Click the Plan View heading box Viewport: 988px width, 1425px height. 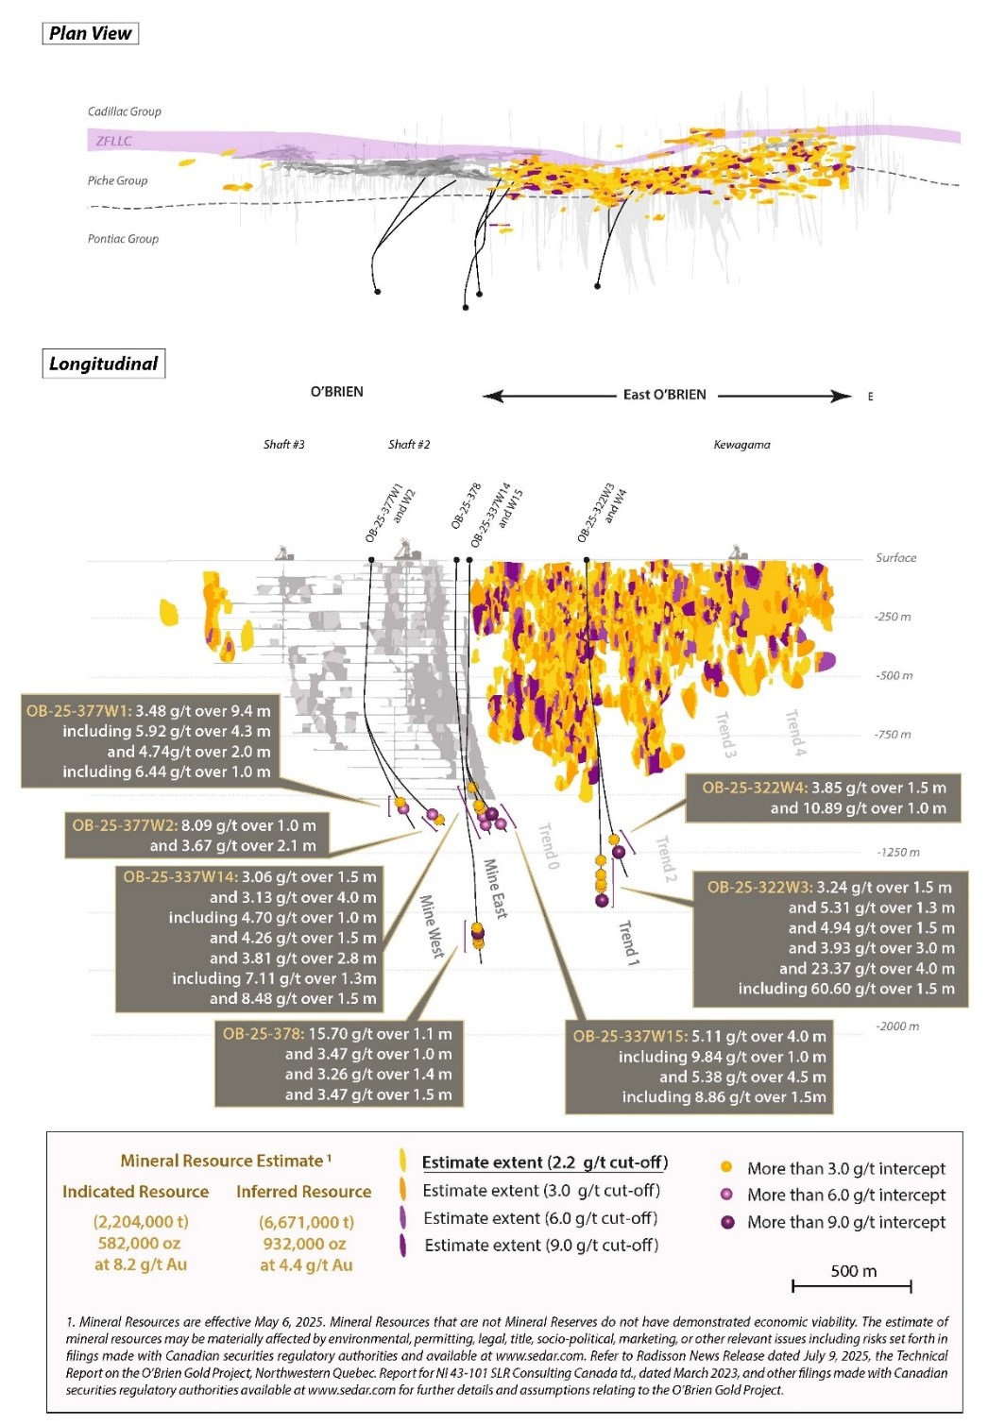coord(91,33)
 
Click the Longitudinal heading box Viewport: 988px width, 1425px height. coord(103,364)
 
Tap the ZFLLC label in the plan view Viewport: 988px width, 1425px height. coord(113,141)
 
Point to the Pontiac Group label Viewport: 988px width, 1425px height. coord(123,239)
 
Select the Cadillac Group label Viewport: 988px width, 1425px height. coord(124,111)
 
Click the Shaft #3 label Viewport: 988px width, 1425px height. coord(283,444)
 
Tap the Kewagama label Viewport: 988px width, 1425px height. coord(741,444)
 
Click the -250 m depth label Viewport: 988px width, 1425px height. coord(893,617)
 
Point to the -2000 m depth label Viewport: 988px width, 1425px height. coord(896,1026)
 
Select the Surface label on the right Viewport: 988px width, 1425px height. coord(895,557)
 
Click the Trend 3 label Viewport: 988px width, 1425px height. coord(725,734)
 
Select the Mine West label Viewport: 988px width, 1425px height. coord(432,926)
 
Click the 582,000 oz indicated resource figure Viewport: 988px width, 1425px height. coord(139,1244)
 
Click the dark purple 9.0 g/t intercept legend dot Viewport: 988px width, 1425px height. coord(727,1222)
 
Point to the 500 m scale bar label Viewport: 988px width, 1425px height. coord(853,1271)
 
